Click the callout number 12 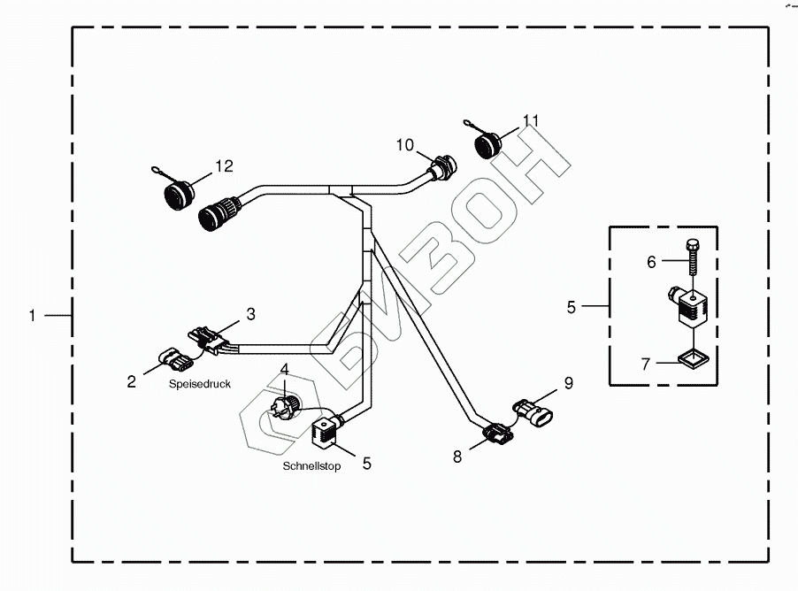click(223, 165)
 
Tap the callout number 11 click(530, 119)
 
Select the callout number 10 click(404, 144)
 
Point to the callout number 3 click(250, 313)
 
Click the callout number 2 click(131, 381)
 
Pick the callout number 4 click(284, 369)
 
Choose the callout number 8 click(457, 457)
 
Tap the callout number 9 click(569, 383)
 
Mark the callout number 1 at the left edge click(32, 315)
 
